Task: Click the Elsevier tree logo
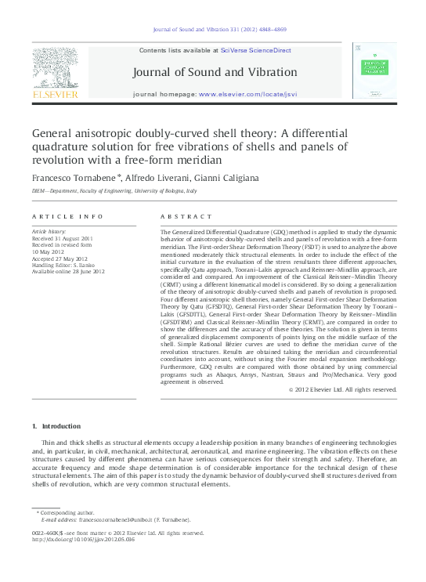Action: tap(55, 67)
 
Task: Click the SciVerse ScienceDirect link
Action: tap(255, 50)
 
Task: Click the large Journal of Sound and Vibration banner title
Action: tap(215, 72)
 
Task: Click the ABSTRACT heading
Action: tap(186, 216)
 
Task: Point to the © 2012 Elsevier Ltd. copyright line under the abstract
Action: tap(342, 389)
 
